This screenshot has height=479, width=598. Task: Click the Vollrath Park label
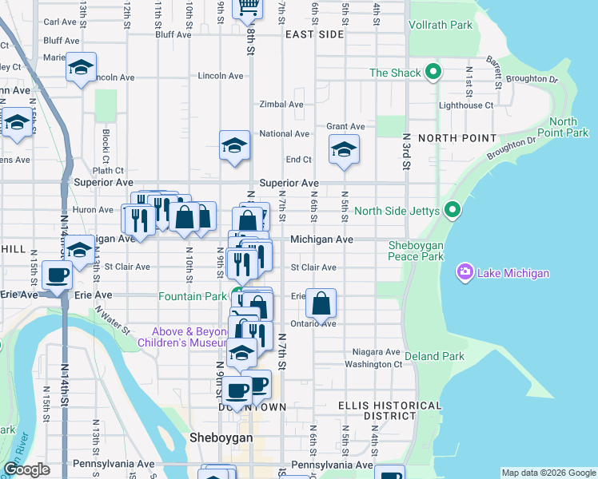[x=440, y=25]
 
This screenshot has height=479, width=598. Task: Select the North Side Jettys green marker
[x=452, y=211]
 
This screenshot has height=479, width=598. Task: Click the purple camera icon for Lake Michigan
[x=464, y=273]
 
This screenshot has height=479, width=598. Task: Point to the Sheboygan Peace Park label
[x=416, y=251]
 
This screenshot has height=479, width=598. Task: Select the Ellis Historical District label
[x=389, y=410]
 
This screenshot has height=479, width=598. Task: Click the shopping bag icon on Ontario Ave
[x=321, y=303]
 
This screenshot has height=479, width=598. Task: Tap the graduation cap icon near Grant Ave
[x=344, y=148]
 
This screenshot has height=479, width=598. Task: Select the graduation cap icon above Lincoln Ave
[x=81, y=67]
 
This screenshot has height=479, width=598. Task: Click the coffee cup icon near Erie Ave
[x=58, y=275]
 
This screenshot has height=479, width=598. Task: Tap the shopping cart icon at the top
[x=248, y=6]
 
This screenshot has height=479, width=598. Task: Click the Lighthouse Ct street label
[x=465, y=105]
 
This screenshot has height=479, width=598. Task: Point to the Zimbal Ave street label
[x=281, y=105]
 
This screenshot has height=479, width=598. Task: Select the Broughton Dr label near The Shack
[x=532, y=79]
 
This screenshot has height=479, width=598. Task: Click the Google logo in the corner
[x=26, y=469]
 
